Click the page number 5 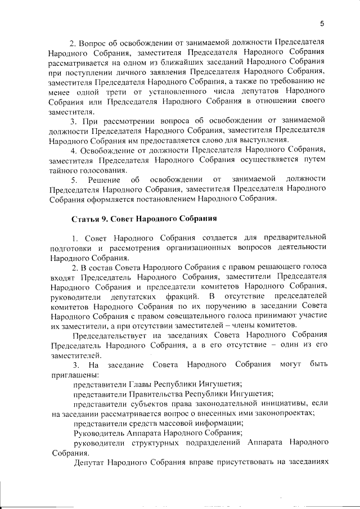click(322, 23)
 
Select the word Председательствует click(110, 335)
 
